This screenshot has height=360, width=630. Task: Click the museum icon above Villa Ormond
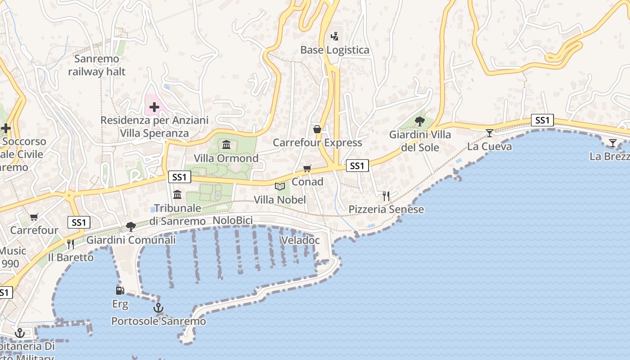pos(226,145)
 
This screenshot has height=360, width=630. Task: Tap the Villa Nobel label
pos(280,200)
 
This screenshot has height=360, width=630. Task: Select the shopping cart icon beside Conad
pos(307,169)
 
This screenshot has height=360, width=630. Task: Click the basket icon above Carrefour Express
pos(317,130)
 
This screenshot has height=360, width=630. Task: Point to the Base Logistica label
pos(335,50)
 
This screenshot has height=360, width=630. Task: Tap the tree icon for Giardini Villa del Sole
pos(419,121)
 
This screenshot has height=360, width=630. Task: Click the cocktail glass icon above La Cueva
pos(489,133)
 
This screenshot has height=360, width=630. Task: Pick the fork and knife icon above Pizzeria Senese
pos(386,196)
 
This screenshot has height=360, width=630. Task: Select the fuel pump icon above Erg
pos(120,291)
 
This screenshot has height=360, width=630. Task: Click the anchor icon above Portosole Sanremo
pos(158,308)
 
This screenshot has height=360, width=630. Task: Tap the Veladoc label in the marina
pos(300,240)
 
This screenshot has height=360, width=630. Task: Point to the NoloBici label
pos(233,220)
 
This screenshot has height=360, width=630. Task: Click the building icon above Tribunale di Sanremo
pos(177,195)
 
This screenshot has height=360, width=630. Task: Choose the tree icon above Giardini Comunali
pos(131,226)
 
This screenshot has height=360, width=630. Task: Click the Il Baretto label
pos(71,257)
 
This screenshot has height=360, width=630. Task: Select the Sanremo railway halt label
pos(97,65)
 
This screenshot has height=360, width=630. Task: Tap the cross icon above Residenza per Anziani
pos(154,107)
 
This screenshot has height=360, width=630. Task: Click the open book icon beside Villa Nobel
pos(280,186)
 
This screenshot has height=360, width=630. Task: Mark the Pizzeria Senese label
pos(386,209)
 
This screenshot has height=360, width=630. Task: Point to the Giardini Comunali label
pos(131,240)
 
